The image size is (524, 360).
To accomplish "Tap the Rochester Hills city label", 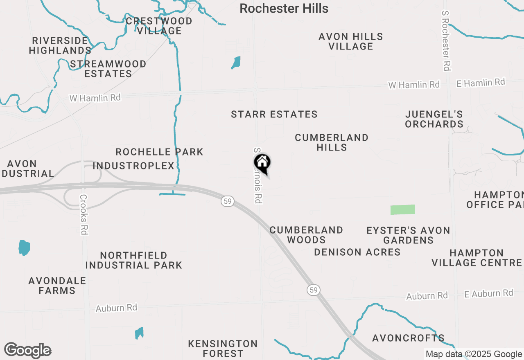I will pyautogui.click(x=284, y=8).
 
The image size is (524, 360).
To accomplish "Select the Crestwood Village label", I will pyautogui.click(x=159, y=26).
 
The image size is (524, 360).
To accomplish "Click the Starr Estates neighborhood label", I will pyautogui.click(x=274, y=115).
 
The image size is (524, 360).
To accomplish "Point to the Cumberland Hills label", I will pyautogui.click(x=332, y=142).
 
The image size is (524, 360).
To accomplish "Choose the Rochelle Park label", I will pyautogui.click(x=159, y=152).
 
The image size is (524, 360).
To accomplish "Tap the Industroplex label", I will pyautogui.click(x=134, y=166).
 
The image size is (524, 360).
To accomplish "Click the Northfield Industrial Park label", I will pyautogui.click(x=134, y=260).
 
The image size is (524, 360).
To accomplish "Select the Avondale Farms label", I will pyautogui.click(x=57, y=286).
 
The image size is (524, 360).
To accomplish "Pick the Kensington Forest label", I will pyautogui.click(x=223, y=348).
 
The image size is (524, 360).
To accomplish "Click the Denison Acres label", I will pyautogui.click(x=357, y=252).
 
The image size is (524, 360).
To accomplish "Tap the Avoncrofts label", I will pyautogui.click(x=408, y=338).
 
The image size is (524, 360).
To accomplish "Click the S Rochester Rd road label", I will pyautogui.click(x=446, y=41).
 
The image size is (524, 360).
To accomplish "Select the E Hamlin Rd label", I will pyautogui.click(x=481, y=83).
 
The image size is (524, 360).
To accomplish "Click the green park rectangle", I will pyautogui.click(x=402, y=209).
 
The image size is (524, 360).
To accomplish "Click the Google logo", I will pyautogui.click(x=27, y=350).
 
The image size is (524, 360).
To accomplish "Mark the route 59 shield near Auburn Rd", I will pyautogui.click(x=313, y=290).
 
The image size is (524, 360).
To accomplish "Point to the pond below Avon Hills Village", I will pyautogui.click(x=236, y=63).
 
